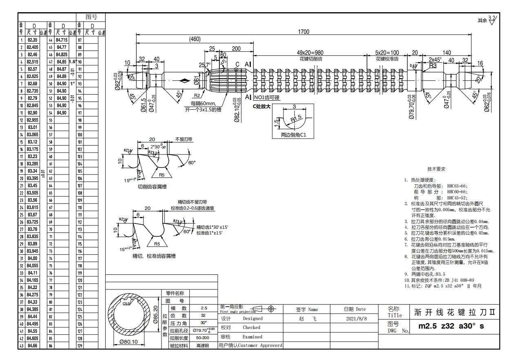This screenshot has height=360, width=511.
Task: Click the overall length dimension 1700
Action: click(x=303, y=32)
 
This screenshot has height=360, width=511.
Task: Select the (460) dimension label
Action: click(x=195, y=40)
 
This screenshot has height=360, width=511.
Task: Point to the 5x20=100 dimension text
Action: click(x=387, y=53)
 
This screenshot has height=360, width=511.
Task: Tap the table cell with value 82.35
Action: click(x=32, y=40)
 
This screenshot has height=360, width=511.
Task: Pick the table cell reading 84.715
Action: click(x=62, y=40)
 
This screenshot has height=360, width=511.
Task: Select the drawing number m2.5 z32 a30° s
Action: click(x=451, y=327)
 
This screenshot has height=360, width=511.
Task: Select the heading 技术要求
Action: click(x=436, y=169)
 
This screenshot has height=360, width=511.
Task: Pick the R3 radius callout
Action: click(x=433, y=66)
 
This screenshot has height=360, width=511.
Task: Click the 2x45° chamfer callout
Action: click(x=435, y=59)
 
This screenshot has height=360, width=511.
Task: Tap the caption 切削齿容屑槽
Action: click(x=152, y=187)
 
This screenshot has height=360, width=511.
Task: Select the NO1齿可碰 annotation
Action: click(x=267, y=98)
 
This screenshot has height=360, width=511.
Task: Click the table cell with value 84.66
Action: click(x=32, y=346)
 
